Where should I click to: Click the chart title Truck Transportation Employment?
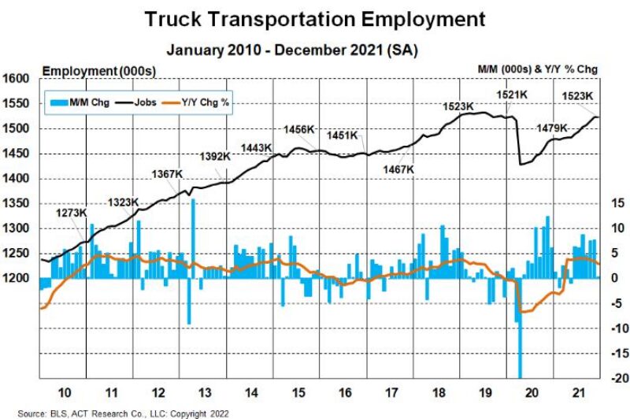click(x=315, y=19)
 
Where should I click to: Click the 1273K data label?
click(x=72, y=213)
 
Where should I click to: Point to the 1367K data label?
click(x=166, y=174)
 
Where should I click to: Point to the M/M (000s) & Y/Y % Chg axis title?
click(x=538, y=69)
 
